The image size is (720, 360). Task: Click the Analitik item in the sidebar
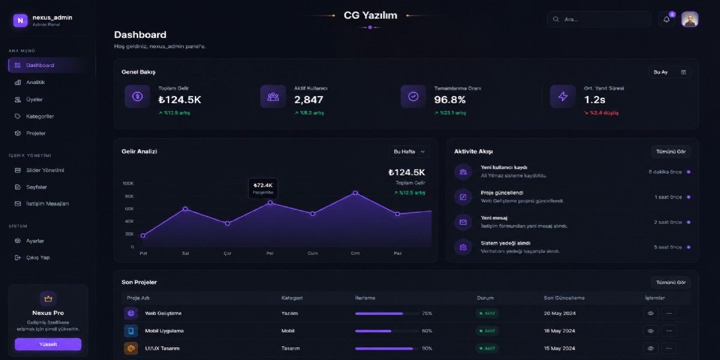35,82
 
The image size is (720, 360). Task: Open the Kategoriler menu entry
40,116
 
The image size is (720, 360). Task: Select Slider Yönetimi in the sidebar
45,170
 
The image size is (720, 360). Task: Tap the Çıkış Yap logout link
38,257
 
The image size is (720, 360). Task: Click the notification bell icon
667,20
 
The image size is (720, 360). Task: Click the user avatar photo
690,19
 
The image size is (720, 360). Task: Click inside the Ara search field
599,19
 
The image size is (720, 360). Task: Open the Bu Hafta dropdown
409,152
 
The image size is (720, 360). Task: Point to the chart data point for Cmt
355,193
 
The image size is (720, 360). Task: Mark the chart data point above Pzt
143,236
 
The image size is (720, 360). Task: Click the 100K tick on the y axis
128,184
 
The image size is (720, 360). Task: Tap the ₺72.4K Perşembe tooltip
263,188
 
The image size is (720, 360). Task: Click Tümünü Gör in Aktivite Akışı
671,152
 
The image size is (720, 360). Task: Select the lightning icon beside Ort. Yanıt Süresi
563,97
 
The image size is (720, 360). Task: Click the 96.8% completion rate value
449,100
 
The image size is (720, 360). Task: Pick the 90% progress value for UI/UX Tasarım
427,349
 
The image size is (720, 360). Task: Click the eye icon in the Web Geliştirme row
650,313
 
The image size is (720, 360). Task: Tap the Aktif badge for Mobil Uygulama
487,331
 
